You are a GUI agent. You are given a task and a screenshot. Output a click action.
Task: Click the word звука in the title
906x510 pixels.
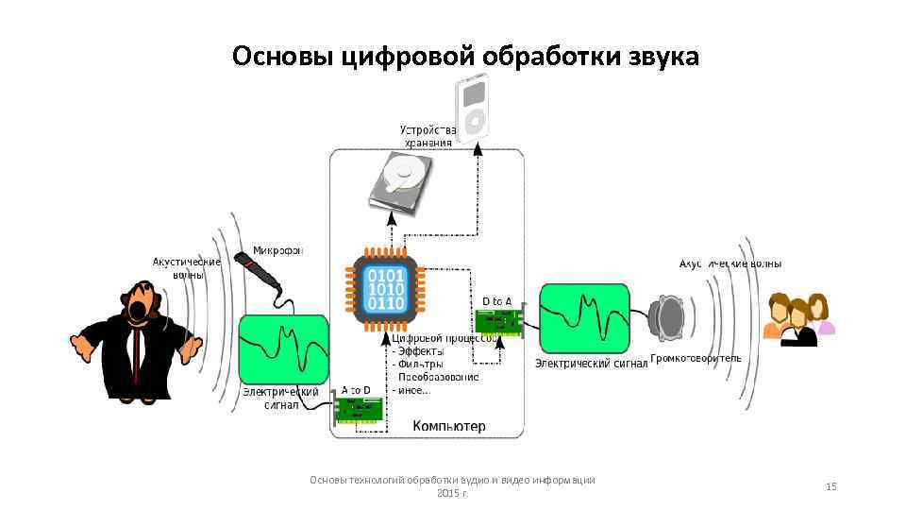662,58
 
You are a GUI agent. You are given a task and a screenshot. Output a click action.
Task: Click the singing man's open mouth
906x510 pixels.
140,309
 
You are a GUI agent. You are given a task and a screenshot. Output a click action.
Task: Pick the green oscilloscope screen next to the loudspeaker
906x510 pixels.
584,318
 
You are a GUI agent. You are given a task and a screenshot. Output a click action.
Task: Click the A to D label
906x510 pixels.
356,389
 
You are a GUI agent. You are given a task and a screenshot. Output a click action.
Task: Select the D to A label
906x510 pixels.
496,301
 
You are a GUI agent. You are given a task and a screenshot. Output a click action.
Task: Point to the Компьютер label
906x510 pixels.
449,426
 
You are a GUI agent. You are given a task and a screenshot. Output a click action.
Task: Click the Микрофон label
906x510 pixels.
278,250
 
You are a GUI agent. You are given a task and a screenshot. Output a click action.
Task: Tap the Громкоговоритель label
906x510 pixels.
696,359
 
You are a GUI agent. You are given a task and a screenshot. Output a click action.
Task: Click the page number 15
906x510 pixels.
830,486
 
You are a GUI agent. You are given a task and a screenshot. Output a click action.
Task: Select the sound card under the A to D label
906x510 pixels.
360,410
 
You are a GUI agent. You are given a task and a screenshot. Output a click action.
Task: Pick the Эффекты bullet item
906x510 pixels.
420,351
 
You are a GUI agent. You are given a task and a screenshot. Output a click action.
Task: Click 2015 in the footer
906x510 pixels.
445,494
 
